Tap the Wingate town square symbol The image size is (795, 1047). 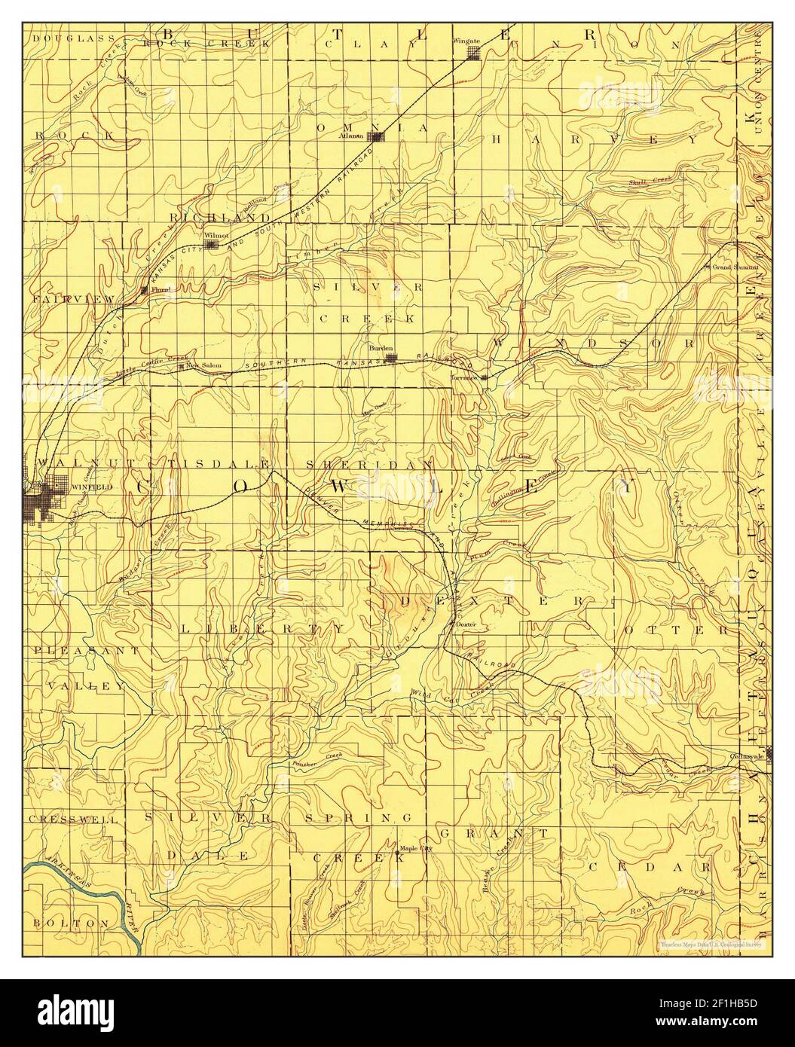(x=473, y=53)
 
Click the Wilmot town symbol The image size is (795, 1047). (x=213, y=244)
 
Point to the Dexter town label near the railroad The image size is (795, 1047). (x=467, y=624)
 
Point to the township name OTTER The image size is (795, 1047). (x=673, y=630)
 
